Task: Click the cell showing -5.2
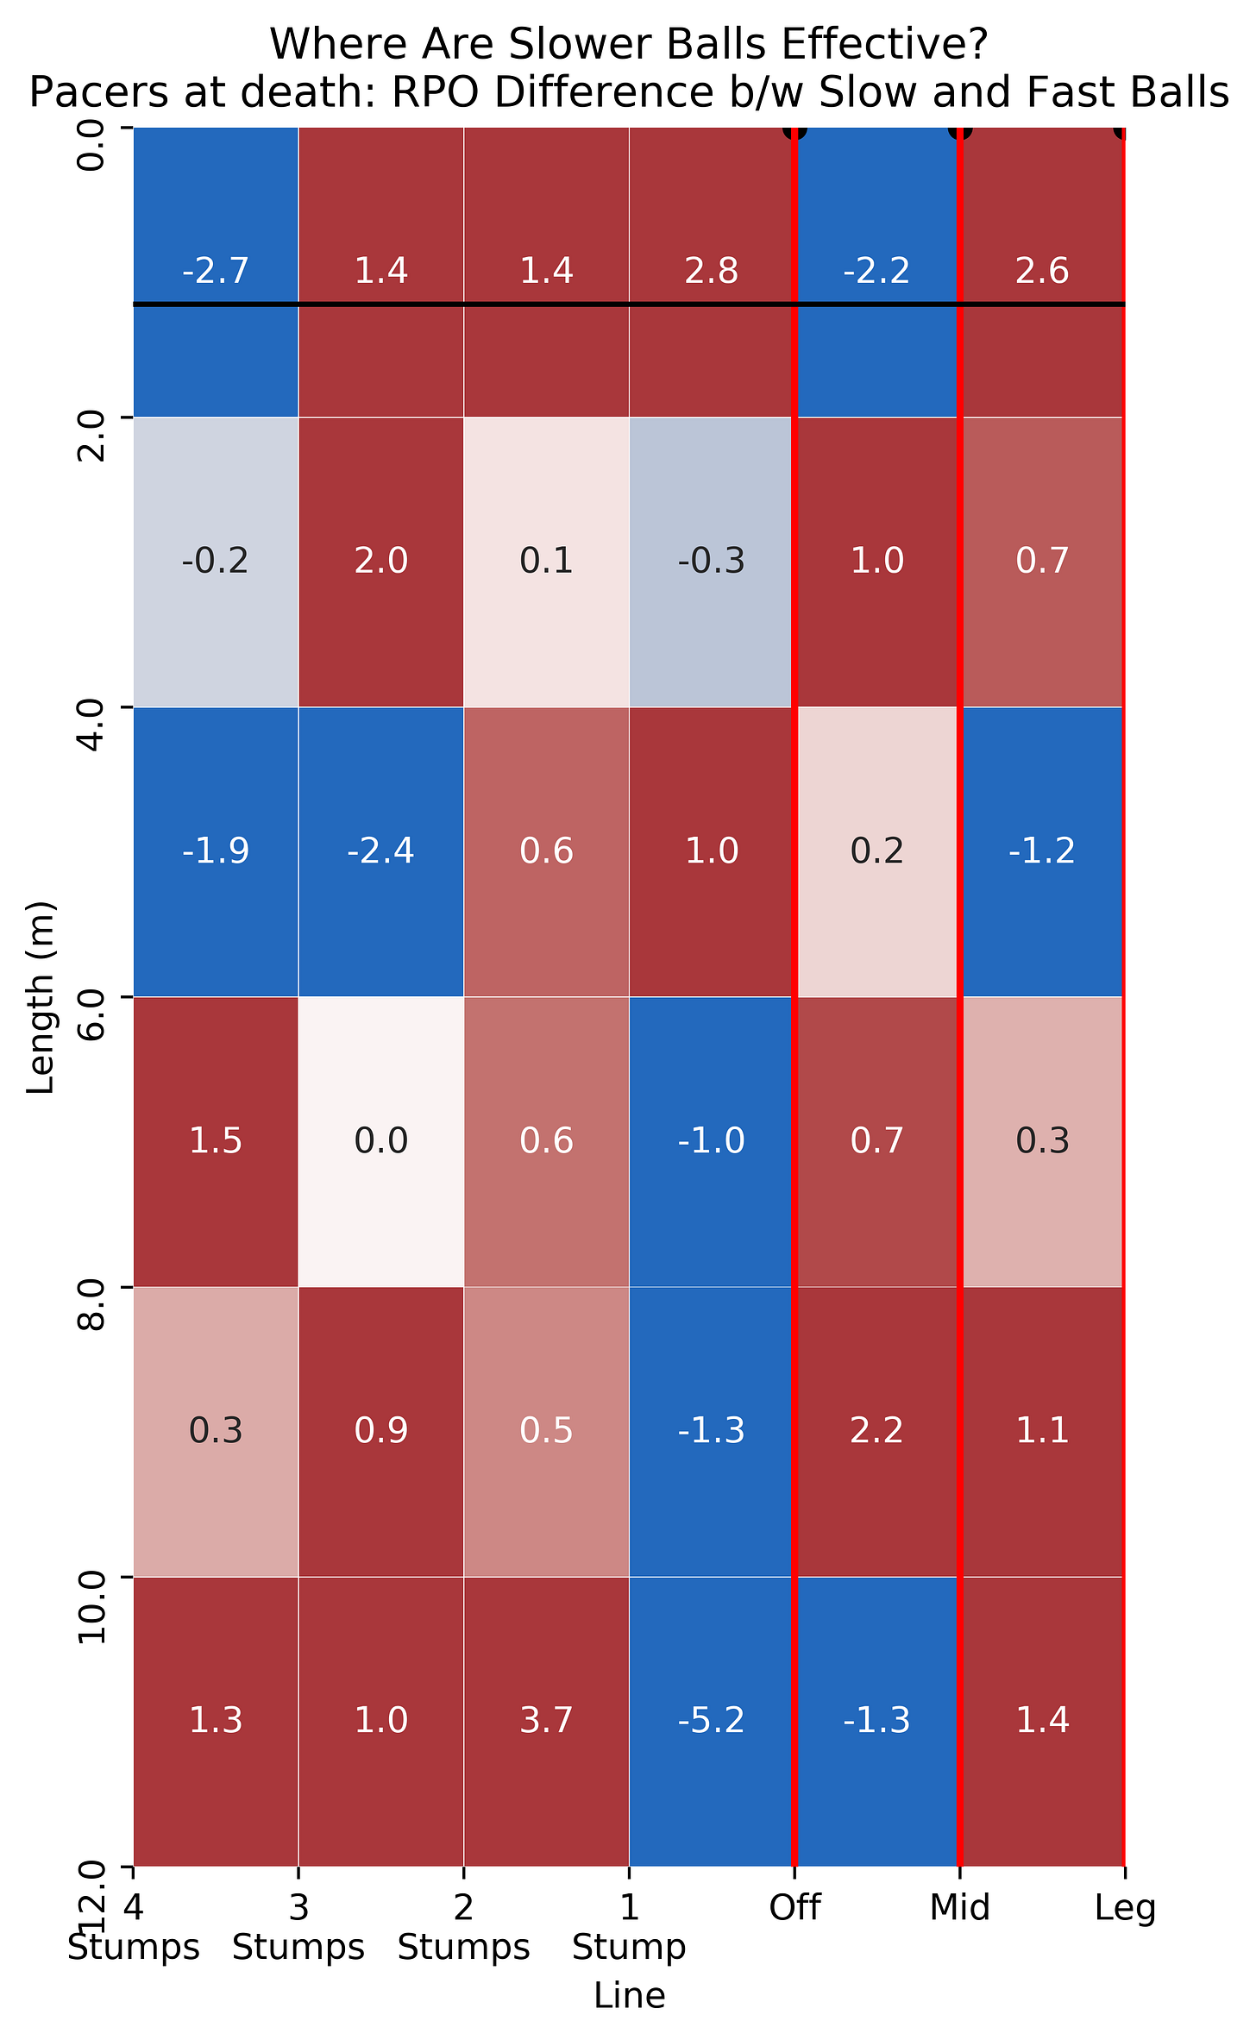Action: (711, 1721)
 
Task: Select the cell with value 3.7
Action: (546, 1721)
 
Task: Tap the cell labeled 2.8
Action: (711, 272)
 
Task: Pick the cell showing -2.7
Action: (216, 272)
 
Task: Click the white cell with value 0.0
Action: (381, 1141)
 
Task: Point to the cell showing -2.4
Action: (381, 851)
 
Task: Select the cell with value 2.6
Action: (1042, 272)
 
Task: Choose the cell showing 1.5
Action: (216, 1141)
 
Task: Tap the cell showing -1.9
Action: (216, 851)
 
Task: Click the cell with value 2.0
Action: (381, 562)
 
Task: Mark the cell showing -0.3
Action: (711, 562)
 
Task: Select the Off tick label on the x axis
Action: (794, 1908)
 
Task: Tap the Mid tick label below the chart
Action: (959, 1908)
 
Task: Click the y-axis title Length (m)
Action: (41, 997)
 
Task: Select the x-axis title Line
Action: (629, 1996)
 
